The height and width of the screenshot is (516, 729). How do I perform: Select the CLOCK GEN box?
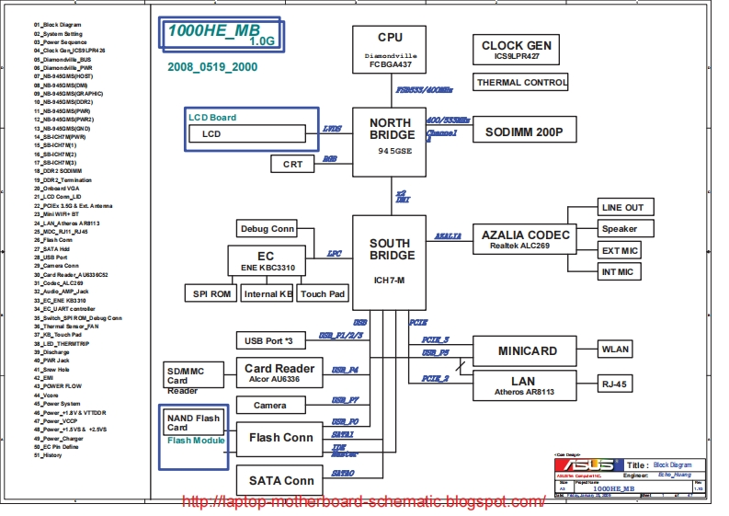pyautogui.click(x=517, y=50)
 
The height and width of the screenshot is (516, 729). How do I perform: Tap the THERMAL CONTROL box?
pyautogui.click(x=522, y=83)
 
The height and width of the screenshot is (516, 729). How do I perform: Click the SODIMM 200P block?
pyautogui.click(x=524, y=132)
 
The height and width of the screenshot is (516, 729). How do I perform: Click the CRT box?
pyautogui.click(x=292, y=164)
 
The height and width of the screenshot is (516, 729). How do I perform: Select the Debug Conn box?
pyautogui.click(x=267, y=228)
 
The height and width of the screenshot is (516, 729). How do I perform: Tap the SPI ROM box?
pyautogui.click(x=211, y=294)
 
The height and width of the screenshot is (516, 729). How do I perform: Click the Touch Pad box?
pyautogui.click(x=324, y=294)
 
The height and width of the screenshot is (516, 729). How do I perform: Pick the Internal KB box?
pyautogui.click(x=268, y=294)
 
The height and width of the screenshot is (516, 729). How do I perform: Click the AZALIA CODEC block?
pyautogui.click(x=526, y=240)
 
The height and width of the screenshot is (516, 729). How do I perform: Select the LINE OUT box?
pyautogui.click(x=622, y=207)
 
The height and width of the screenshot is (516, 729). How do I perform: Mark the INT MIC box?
pyautogui.click(x=618, y=272)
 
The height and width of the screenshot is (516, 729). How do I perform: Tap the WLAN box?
pyautogui.click(x=615, y=350)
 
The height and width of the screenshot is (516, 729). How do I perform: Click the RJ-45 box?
pyautogui.click(x=615, y=384)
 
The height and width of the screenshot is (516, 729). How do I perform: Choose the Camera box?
pyautogui.click(x=269, y=405)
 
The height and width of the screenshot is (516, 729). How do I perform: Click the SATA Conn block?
pyautogui.click(x=280, y=480)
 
